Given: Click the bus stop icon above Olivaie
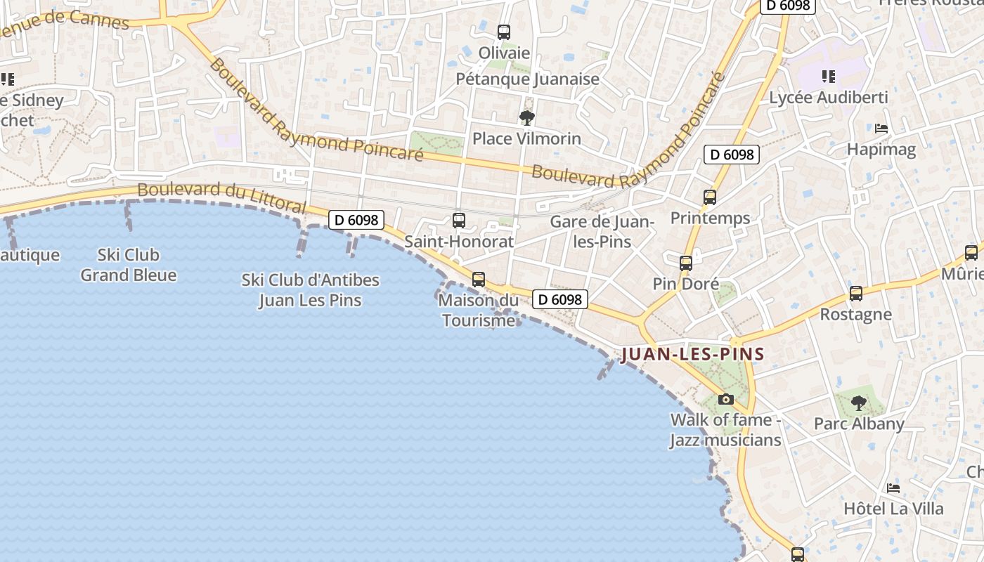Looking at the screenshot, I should (504, 32).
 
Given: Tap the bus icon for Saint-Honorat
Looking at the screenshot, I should (459, 221).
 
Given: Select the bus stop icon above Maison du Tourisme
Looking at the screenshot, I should (479, 280).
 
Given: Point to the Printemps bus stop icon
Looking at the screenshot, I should (710, 197).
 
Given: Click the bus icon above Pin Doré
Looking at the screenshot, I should (686, 263).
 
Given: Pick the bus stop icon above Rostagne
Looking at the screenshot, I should (856, 294).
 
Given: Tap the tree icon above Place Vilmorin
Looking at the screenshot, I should (526, 117).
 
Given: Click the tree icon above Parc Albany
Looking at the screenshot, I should (858, 403).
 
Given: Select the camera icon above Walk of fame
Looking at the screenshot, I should (726, 399).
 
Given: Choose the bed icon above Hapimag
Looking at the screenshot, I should (881, 129).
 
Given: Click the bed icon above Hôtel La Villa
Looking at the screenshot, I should (893, 488).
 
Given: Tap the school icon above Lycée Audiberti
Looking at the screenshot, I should (828, 77).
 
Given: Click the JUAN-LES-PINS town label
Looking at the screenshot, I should (692, 354).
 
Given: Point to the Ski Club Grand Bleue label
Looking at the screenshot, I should (129, 265).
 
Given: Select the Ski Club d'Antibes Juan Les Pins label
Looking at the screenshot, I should (310, 290).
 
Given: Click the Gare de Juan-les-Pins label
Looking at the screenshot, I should (602, 232).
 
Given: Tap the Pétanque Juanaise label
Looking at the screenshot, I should (527, 79).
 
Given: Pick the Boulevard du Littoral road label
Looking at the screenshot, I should (221, 197).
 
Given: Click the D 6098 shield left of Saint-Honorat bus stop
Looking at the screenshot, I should (356, 220).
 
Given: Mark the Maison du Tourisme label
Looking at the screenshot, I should (478, 311).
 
